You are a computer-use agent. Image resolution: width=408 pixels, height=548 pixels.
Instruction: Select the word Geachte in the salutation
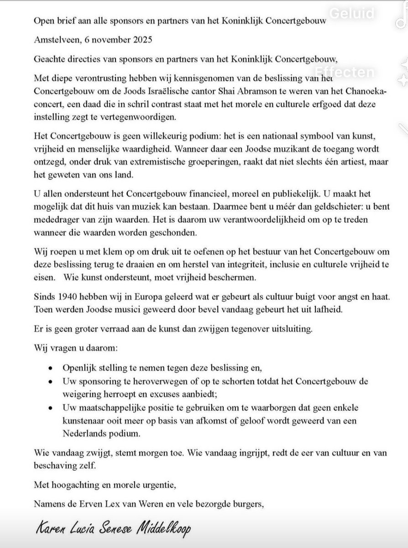pos(50,58)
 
